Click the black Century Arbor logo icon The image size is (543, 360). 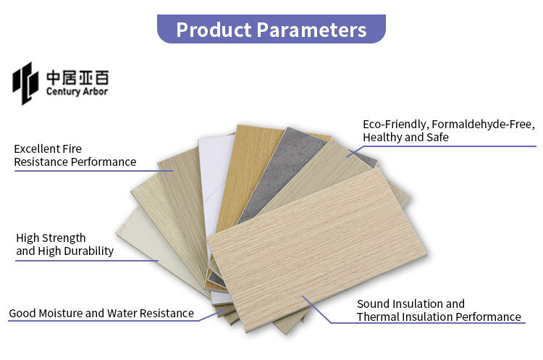coord(25,82)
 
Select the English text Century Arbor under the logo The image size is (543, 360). coord(77,92)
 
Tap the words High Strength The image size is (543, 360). coord(51,238)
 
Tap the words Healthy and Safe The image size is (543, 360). coord(405,138)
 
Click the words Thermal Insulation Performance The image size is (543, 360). coord(439,317)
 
